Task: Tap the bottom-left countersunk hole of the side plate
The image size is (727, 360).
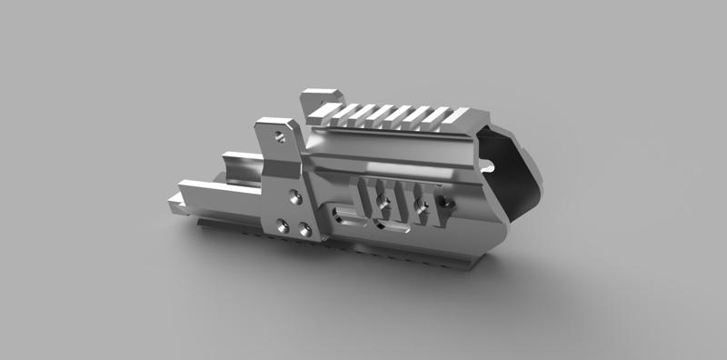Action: pos(283,228)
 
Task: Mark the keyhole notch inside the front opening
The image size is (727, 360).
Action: pos(488,166)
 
